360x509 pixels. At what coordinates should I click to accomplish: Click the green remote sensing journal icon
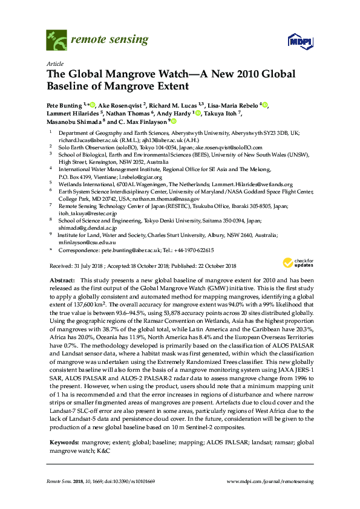[56, 41]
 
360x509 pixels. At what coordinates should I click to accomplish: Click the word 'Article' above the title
[54, 63]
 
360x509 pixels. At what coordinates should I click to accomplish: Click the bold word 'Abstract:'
[61, 280]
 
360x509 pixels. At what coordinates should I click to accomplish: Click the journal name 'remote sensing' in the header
[109, 41]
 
